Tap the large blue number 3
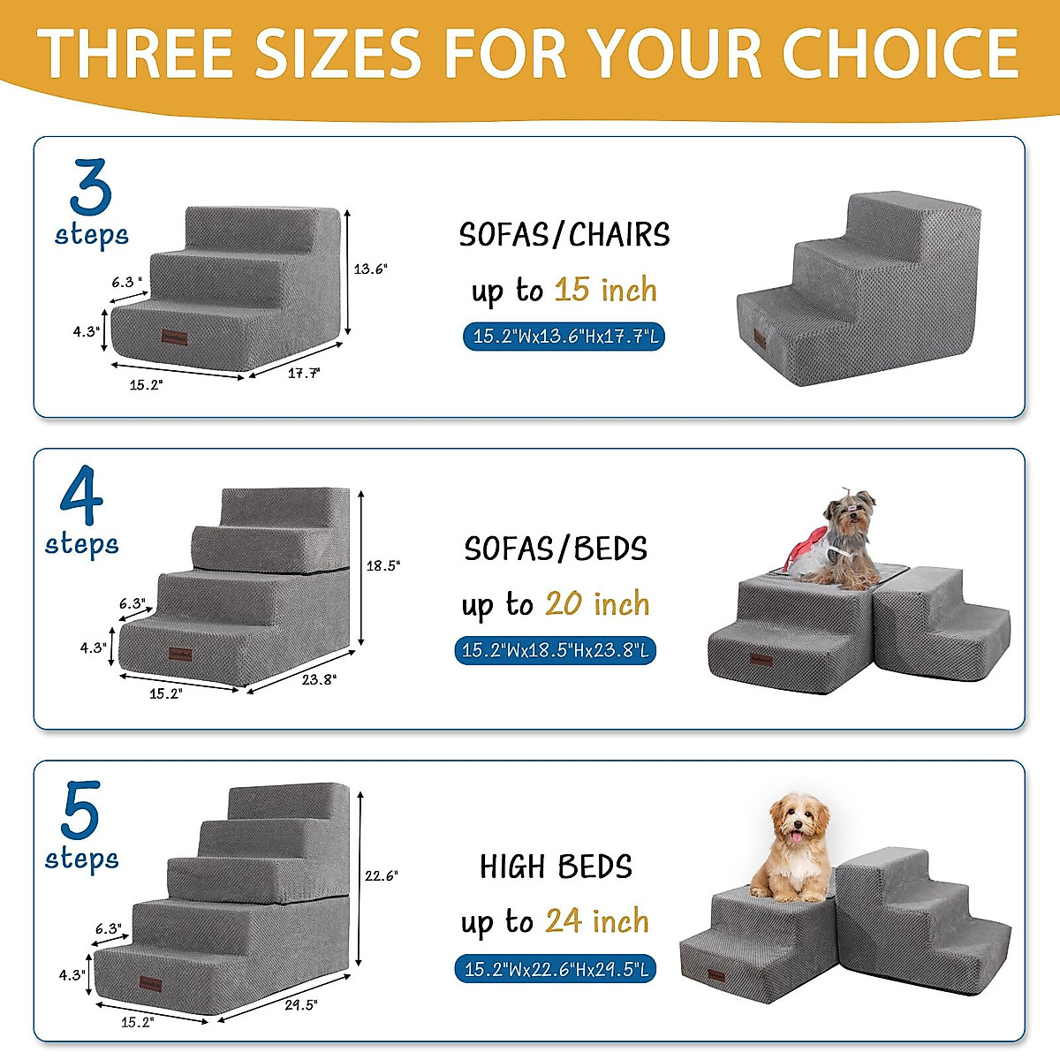(x=91, y=187)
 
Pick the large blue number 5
(x=80, y=811)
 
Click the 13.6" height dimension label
(x=370, y=269)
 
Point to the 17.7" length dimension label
(x=304, y=374)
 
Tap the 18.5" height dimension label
(x=383, y=566)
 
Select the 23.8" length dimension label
(x=318, y=679)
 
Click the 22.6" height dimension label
(x=382, y=876)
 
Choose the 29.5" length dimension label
(x=301, y=1005)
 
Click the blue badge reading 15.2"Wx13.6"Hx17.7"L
(x=564, y=337)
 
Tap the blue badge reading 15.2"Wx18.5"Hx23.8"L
(x=556, y=651)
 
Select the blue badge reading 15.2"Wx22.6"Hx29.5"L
(x=556, y=969)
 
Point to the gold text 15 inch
(x=606, y=290)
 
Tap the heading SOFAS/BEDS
(x=556, y=549)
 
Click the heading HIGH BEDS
(x=556, y=867)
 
